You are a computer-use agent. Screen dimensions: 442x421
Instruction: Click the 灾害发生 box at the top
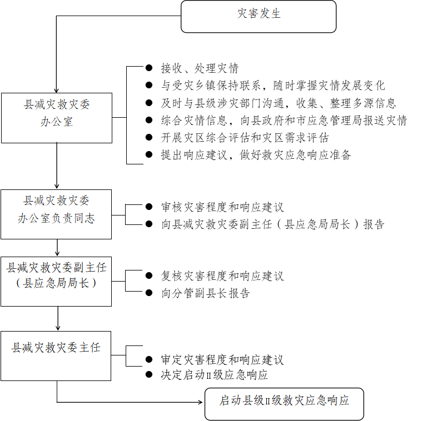[x=259, y=16]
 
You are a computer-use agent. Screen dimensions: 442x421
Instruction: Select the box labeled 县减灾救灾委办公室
[x=57, y=118]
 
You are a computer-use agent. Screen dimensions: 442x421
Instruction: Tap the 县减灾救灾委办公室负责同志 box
[x=56, y=214]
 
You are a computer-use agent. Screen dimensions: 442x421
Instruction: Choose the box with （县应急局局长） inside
[x=56, y=282]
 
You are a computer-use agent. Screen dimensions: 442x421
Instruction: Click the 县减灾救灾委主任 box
[x=56, y=356]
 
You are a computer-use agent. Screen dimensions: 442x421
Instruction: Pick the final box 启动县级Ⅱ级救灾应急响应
[x=284, y=404]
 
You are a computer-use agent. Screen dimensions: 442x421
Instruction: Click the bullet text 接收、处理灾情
[x=200, y=68]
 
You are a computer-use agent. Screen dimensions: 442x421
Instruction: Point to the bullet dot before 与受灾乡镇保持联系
[x=149, y=85]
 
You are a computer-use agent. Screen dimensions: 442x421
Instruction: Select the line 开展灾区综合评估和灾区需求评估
[x=245, y=138]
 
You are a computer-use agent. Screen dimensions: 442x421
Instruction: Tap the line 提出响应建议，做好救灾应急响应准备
[x=256, y=155]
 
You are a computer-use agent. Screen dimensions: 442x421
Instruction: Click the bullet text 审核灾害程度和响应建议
[x=222, y=207]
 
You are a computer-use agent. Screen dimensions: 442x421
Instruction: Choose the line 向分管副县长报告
[x=206, y=293]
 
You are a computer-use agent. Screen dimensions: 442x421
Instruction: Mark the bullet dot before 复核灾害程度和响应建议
[x=149, y=275]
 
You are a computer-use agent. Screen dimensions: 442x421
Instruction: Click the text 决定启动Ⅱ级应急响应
[x=214, y=375]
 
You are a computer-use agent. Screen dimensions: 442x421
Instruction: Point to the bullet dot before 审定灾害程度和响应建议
[x=149, y=359]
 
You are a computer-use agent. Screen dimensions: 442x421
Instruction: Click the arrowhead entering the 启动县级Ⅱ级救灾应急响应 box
[x=201, y=402]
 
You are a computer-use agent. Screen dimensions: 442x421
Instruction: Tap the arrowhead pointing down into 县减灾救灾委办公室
[x=56, y=91]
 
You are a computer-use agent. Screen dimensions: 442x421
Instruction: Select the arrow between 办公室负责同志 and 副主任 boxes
[x=57, y=248]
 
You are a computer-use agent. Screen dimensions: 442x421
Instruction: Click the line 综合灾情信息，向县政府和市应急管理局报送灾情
[x=284, y=121]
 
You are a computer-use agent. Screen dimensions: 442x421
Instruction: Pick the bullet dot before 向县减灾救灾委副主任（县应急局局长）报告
[x=149, y=224]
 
